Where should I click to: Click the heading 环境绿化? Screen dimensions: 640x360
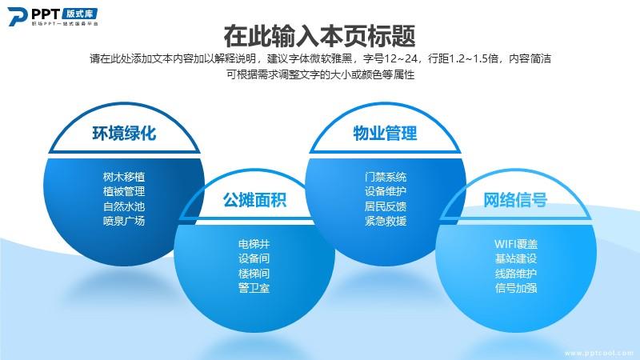pyautogui.click(x=124, y=134)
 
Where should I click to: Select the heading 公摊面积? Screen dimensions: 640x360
pyautogui.click(x=254, y=200)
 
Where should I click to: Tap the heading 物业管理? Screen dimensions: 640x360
pyautogui.click(x=385, y=134)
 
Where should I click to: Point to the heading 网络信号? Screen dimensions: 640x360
pyautogui.click(x=515, y=200)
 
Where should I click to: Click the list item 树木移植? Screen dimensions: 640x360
pyautogui.click(x=124, y=177)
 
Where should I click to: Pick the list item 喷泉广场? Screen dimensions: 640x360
pyautogui.click(x=124, y=221)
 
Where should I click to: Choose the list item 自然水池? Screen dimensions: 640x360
pyautogui.click(x=124, y=206)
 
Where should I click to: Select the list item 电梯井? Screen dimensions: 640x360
pyautogui.click(x=254, y=244)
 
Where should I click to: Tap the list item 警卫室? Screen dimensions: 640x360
pyautogui.click(x=254, y=288)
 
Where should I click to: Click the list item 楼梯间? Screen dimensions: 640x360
pyautogui.click(x=254, y=273)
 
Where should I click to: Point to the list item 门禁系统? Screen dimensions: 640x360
pyautogui.click(x=386, y=177)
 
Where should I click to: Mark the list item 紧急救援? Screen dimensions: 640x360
pyautogui.click(x=386, y=221)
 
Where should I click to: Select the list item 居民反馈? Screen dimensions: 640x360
pyautogui.click(x=386, y=206)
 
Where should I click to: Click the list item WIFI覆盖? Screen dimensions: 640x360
pyautogui.click(x=516, y=244)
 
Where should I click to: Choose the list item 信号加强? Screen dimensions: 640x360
pyautogui.click(x=516, y=288)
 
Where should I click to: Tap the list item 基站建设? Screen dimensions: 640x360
pyautogui.click(x=516, y=258)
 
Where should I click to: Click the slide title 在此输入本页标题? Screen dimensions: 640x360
pyautogui.click(x=319, y=36)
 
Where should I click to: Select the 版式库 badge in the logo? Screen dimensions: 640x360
pyautogui.click(x=80, y=14)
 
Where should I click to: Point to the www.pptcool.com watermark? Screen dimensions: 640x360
pyautogui.click(x=599, y=353)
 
